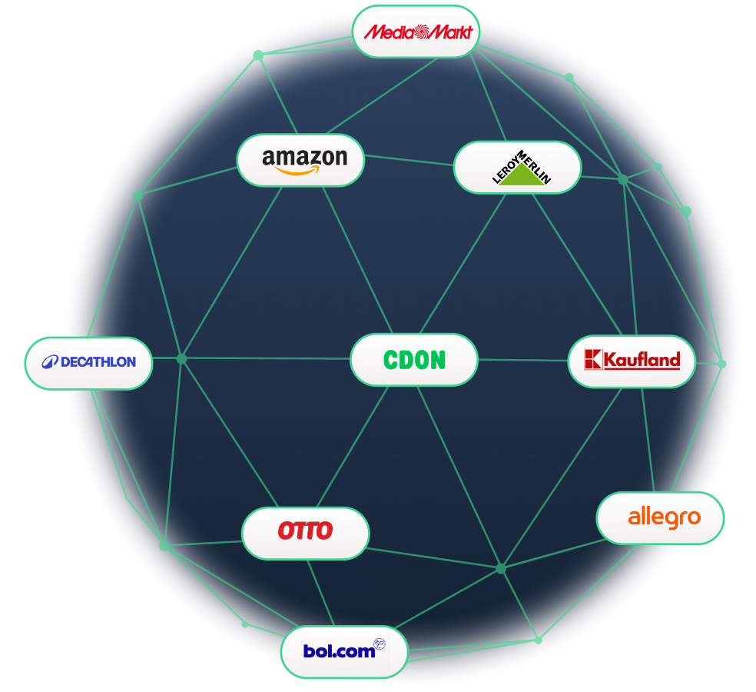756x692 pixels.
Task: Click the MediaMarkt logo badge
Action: (416, 32)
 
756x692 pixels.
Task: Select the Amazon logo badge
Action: (300, 160)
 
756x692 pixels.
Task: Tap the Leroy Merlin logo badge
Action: (517, 167)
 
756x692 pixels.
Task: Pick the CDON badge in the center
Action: (413, 359)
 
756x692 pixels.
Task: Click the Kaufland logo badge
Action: (632, 361)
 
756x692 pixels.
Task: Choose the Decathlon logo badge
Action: (88, 362)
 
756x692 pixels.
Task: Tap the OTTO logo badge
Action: (305, 532)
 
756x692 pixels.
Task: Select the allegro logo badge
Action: (660, 517)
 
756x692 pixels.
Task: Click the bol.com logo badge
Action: (343, 652)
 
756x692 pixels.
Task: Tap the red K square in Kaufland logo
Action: (592, 359)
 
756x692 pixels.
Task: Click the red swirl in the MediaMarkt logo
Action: (420, 32)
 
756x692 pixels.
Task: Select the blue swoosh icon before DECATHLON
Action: (50, 362)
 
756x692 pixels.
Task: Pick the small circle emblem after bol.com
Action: (379, 644)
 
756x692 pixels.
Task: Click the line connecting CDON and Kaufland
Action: (522, 360)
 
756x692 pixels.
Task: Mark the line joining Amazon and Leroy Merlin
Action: (409, 161)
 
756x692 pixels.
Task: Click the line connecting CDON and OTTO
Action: (353, 446)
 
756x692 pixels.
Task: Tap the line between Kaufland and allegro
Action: (648, 439)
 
